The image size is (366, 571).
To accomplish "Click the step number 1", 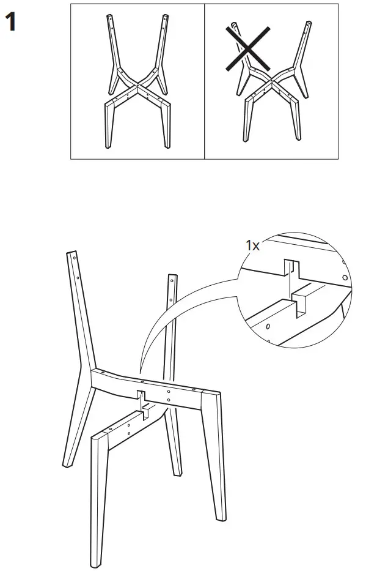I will point(10,23).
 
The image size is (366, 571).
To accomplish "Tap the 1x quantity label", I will point(252,245).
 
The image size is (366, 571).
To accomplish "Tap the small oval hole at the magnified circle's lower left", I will point(267,327).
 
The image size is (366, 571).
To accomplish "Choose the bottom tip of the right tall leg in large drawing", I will point(177,473).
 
